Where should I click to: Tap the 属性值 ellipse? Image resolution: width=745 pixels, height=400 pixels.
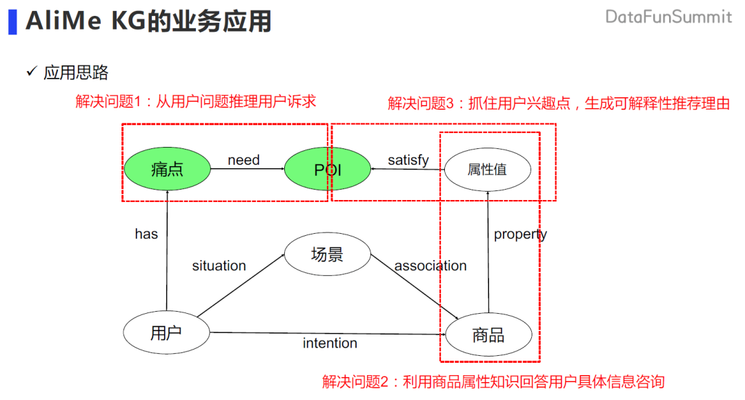click(x=487, y=170)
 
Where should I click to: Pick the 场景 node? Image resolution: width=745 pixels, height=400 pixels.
click(x=327, y=254)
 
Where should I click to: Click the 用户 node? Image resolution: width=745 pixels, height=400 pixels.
click(x=166, y=333)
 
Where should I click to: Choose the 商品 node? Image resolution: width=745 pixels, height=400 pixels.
click(x=488, y=336)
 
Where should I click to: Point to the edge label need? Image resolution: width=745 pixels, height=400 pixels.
click(x=244, y=160)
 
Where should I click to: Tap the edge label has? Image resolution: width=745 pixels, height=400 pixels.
click(x=146, y=234)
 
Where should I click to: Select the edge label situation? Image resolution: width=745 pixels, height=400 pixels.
click(x=219, y=266)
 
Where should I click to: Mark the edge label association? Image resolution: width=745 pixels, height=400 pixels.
click(x=430, y=266)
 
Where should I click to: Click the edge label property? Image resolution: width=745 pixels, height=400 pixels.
click(x=520, y=234)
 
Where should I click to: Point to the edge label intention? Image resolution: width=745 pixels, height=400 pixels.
click(x=330, y=343)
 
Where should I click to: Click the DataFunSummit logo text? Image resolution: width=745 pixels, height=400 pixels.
click(x=668, y=17)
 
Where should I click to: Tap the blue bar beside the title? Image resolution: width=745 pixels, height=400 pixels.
click(x=12, y=21)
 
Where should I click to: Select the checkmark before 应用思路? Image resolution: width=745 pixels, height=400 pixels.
click(x=31, y=72)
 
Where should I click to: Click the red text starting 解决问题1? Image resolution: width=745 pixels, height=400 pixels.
click(x=195, y=101)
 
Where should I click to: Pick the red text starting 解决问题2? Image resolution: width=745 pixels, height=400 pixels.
click(x=493, y=381)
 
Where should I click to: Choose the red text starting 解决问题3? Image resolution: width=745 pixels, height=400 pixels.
click(x=559, y=103)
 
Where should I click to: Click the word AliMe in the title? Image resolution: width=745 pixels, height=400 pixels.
click(x=63, y=21)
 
